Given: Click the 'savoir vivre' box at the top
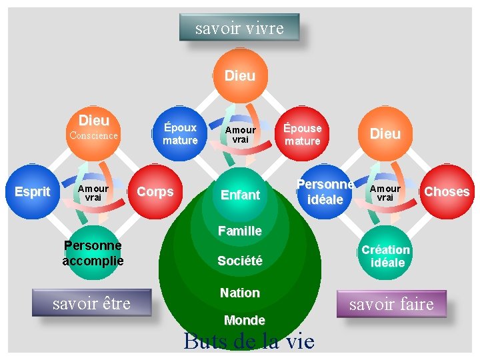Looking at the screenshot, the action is tap(239, 28).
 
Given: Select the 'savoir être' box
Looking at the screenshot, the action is tap(91, 304).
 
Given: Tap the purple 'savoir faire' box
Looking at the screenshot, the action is tap(391, 305).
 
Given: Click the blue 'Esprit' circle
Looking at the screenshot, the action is tap(33, 192).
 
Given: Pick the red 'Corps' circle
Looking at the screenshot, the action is tap(155, 192).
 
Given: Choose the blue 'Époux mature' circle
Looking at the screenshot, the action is tap(180, 133).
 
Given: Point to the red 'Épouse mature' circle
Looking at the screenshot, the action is tap(302, 134).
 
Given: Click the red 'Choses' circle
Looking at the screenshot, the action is tap(447, 192).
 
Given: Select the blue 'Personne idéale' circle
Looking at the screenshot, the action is tap(325, 192).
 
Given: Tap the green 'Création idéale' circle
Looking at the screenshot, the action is tap(385, 256).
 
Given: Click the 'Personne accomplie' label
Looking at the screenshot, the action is tap(93, 253).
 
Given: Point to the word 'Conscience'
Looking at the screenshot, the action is tap(94, 135).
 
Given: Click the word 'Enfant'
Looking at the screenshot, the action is tap(240, 195).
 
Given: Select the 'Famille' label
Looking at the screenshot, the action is tap(240, 231).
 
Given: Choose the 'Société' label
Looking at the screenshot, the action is tap(240, 261).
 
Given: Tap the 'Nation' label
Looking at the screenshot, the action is tap(240, 293).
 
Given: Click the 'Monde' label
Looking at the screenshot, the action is tap(245, 320).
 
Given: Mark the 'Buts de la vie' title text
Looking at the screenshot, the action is tap(248, 341).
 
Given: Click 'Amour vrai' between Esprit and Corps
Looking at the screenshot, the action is tap(93, 193).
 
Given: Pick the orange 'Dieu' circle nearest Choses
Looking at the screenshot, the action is tap(385, 134).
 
